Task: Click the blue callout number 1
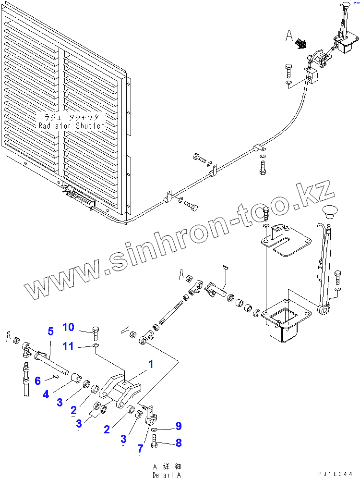tap(150, 365)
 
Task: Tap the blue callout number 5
tap(50, 332)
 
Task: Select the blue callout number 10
tap(68, 328)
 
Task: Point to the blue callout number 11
tap(68, 346)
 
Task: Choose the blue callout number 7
tap(140, 449)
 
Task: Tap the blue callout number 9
tap(179, 426)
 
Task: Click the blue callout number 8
tap(179, 443)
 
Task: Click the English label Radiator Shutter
tap(71, 126)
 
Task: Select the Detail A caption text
tap(167, 475)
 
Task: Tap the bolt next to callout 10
tap(96, 332)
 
